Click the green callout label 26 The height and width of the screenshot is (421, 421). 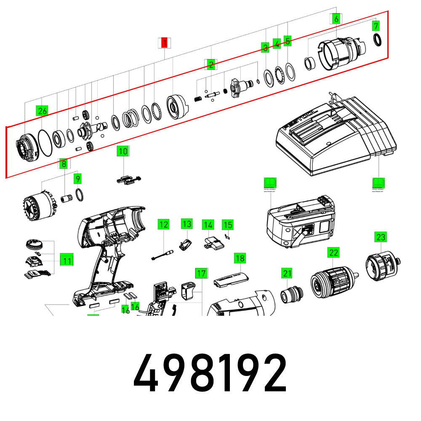click(x=42, y=111)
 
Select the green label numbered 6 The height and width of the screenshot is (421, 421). click(x=336, y=19)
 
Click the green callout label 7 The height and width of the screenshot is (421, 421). click(x=376, y=26)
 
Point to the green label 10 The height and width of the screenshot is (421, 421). click(x=123, y=151)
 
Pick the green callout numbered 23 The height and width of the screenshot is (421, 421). click(x=381, y=237)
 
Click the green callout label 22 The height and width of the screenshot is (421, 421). click(x=333, y=253)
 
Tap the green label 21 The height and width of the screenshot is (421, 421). click(x=287, y=273)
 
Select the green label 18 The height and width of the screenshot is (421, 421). click(x=240, y=258)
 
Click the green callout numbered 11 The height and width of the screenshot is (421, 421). click(x=67, y=261)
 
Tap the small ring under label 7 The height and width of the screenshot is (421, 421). click(x=378, y=40)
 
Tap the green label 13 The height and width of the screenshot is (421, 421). click(x=187, y=224)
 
